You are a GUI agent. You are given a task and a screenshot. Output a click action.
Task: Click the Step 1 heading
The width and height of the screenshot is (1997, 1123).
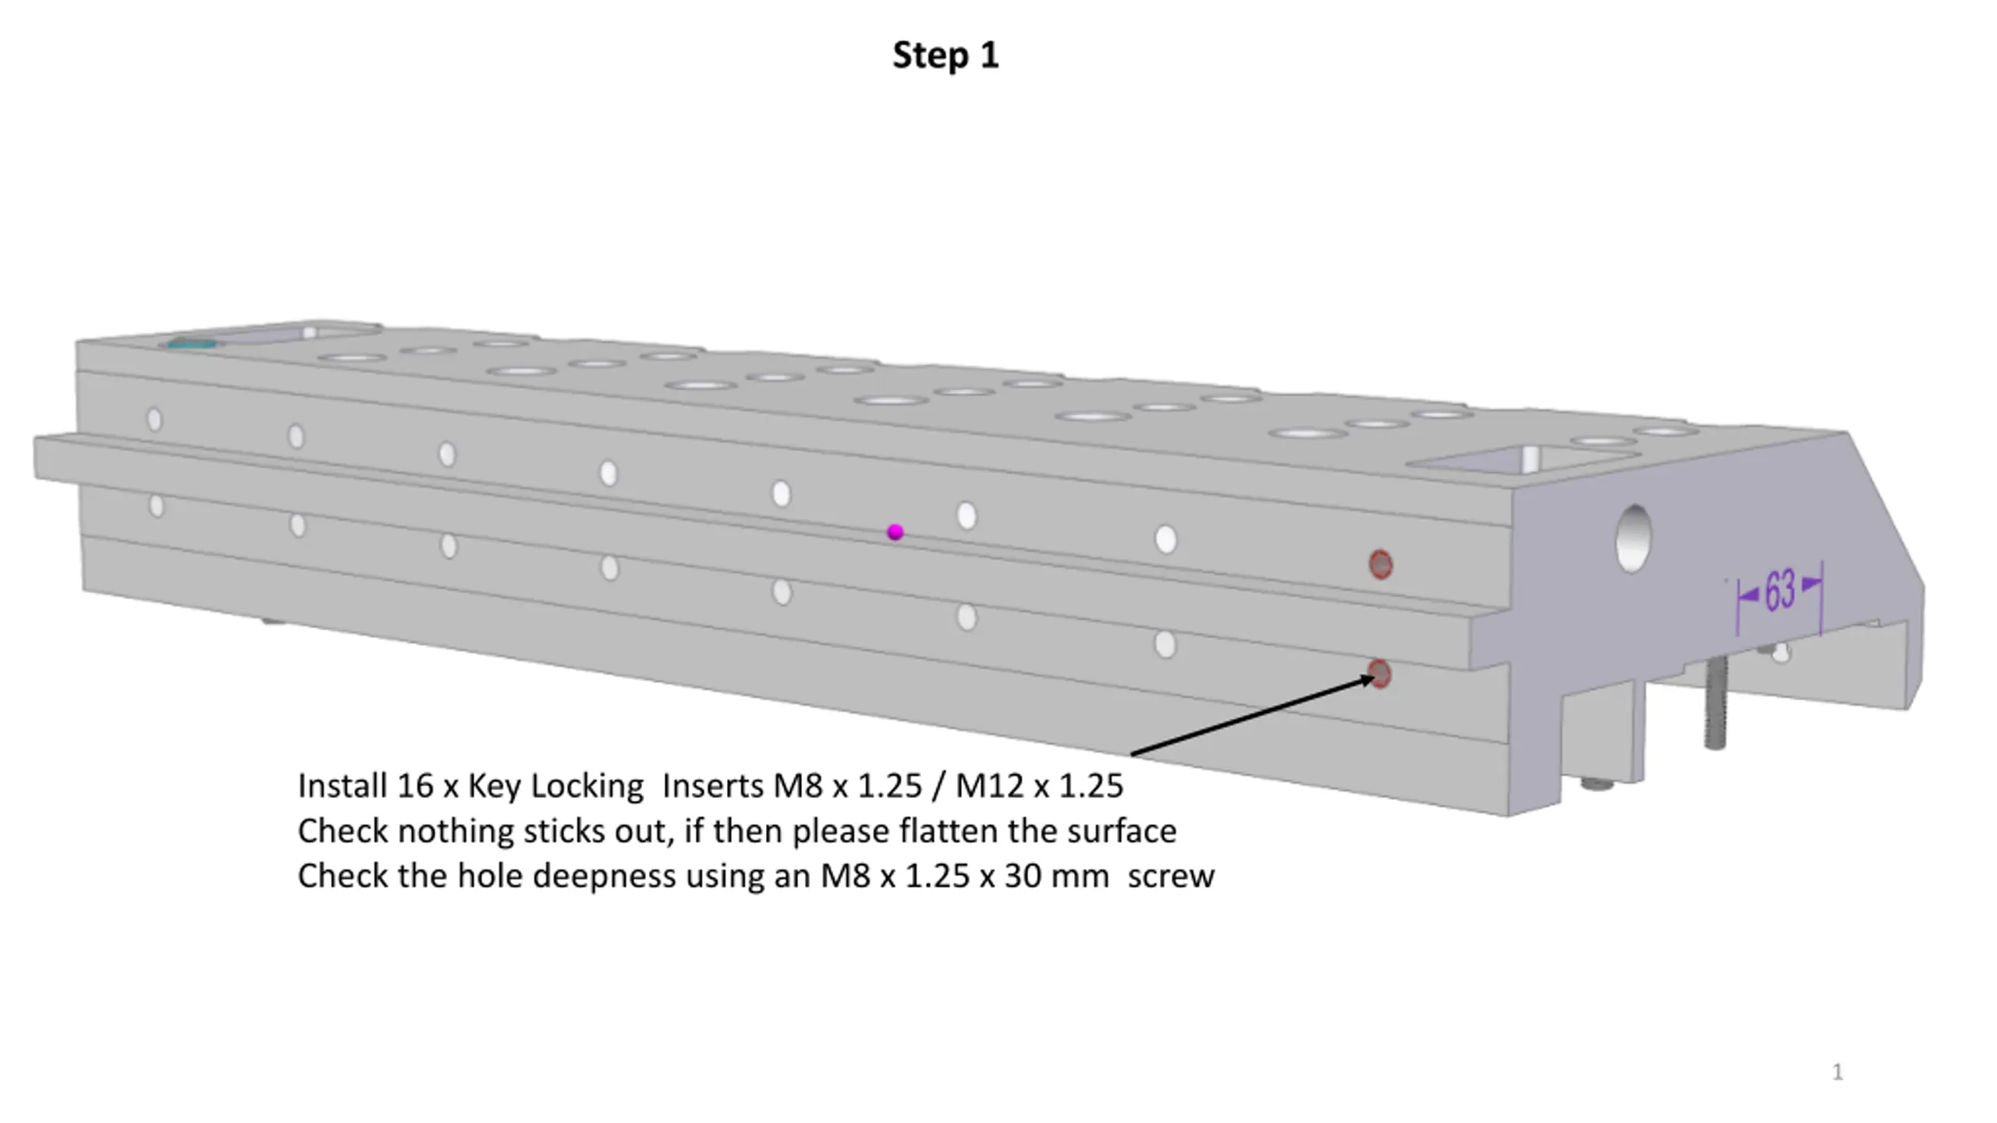pyautogui.click(x=945, y=55)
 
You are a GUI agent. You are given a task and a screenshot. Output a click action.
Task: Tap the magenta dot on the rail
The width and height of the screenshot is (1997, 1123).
pyautogui.click(x=896, y=532)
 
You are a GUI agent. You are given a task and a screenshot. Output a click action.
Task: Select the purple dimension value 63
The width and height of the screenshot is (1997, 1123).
pyautogui.click(x=1779, y=590)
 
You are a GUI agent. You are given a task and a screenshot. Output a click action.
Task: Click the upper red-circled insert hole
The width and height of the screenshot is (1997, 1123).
pyautogui.click(x=1381, y=565)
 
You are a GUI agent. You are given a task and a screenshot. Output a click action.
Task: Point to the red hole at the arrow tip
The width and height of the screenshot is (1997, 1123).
pyautogui.click(x=1380, y=674)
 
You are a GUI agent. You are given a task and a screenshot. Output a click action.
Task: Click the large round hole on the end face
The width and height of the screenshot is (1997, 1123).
pyautogui.click(x=1633, y=538)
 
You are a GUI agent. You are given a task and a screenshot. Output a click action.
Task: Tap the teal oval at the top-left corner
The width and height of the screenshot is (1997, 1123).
pyautogui.click(x=192, y=343)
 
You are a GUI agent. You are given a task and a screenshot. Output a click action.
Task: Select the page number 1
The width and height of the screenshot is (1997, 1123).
pyautogui.click(x=1838, y=1072)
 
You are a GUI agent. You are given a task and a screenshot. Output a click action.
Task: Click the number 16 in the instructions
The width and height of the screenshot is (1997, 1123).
pyautogui.click(x=415, y=785)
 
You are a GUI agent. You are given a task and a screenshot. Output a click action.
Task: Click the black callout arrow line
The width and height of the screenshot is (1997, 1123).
pyautogui.click(x=1253, y=716)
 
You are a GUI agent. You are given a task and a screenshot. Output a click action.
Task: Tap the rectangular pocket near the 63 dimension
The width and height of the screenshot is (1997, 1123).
pyautogui.click(x=1521, y=459)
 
